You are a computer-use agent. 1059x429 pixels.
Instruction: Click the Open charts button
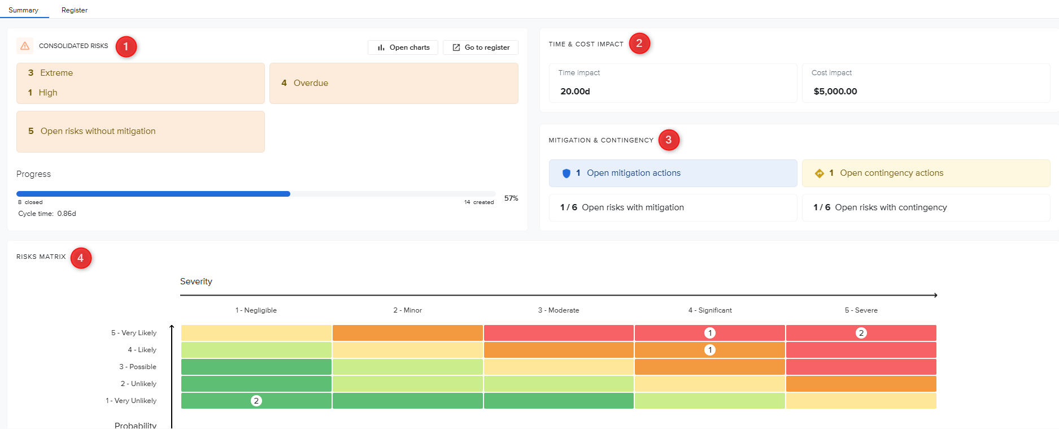[403, 47]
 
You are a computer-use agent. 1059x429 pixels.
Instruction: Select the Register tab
[75, 10]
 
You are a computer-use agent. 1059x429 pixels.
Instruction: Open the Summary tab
[24, 10]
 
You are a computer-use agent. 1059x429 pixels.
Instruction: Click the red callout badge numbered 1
[126, 46]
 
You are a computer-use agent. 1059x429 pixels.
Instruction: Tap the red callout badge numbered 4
[81, 258]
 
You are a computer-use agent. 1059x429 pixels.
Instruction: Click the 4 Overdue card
[394, 83]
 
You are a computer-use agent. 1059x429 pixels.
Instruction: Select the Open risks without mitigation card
[141, 132]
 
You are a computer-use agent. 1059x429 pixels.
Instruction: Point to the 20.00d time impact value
[575, 92]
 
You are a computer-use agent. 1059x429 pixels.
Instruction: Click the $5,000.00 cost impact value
[835, 92]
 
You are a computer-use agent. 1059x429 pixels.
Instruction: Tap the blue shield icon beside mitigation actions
[566, 174]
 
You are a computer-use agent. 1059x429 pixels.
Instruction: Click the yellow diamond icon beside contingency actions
[820, 174]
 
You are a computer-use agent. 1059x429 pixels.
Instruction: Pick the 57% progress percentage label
[511, 198]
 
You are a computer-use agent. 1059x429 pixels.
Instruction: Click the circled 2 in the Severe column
[861, 333]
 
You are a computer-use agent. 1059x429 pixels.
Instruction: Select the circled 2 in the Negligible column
[256, 401]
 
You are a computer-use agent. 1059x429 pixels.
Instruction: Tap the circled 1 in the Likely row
[710, 350]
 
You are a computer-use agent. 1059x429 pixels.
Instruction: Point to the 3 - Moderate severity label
[559, 310]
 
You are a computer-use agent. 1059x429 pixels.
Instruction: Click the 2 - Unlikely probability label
[138, 384]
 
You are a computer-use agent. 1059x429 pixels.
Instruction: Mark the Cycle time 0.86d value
[67, 214]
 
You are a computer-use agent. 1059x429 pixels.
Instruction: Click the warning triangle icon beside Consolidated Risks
[25, 46]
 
